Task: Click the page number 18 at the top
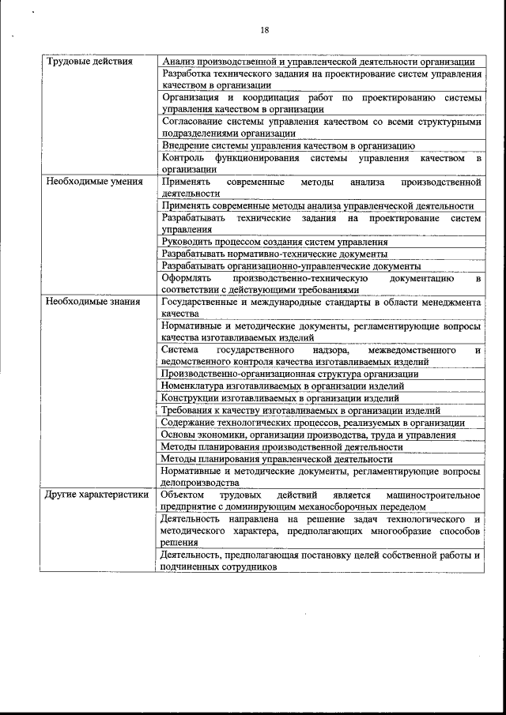(265, 30)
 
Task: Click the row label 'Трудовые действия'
(89, 62)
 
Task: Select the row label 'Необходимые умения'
(94, 182)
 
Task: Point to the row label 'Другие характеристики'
(97, 495)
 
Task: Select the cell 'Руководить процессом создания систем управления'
(274, 242)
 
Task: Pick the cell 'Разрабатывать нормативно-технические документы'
(274, 254)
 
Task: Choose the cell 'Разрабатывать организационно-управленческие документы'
(291, 266)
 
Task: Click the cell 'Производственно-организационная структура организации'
(289, 374)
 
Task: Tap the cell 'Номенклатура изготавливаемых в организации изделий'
(282, 386)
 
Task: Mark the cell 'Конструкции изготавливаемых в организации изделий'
(280, 398)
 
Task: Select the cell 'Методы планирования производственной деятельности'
(281, 446)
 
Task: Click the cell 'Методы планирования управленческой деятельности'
(277, 458)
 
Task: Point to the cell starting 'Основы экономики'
(308, 435)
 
